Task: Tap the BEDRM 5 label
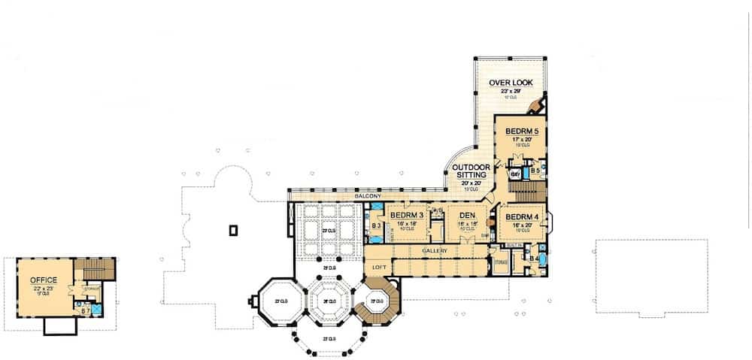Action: [x=521, y=130]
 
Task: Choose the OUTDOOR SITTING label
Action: [x=472, y=171]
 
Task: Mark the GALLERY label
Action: [x=435, y=250]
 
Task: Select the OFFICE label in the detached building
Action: [x=44, y=280]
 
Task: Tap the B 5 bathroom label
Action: [x=534, y=171]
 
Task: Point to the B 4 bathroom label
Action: [x=534, y=258]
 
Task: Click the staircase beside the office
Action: [x=95, y=269]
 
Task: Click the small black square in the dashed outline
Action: [x=234, y=229]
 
